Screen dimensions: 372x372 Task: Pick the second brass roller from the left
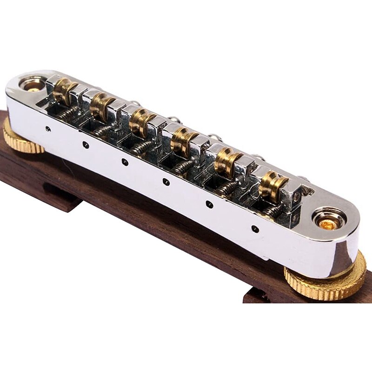(101, 106)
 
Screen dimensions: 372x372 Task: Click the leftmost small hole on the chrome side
(48, 129)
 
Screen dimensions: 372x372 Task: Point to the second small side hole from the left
(86, 145)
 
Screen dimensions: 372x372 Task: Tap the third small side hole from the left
(125, 162)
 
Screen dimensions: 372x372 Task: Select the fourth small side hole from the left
(166, 182)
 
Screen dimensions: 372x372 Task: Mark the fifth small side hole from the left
(209, 204)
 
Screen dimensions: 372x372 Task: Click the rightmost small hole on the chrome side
(255, 228)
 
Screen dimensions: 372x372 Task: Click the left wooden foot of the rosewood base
(60, 198)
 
